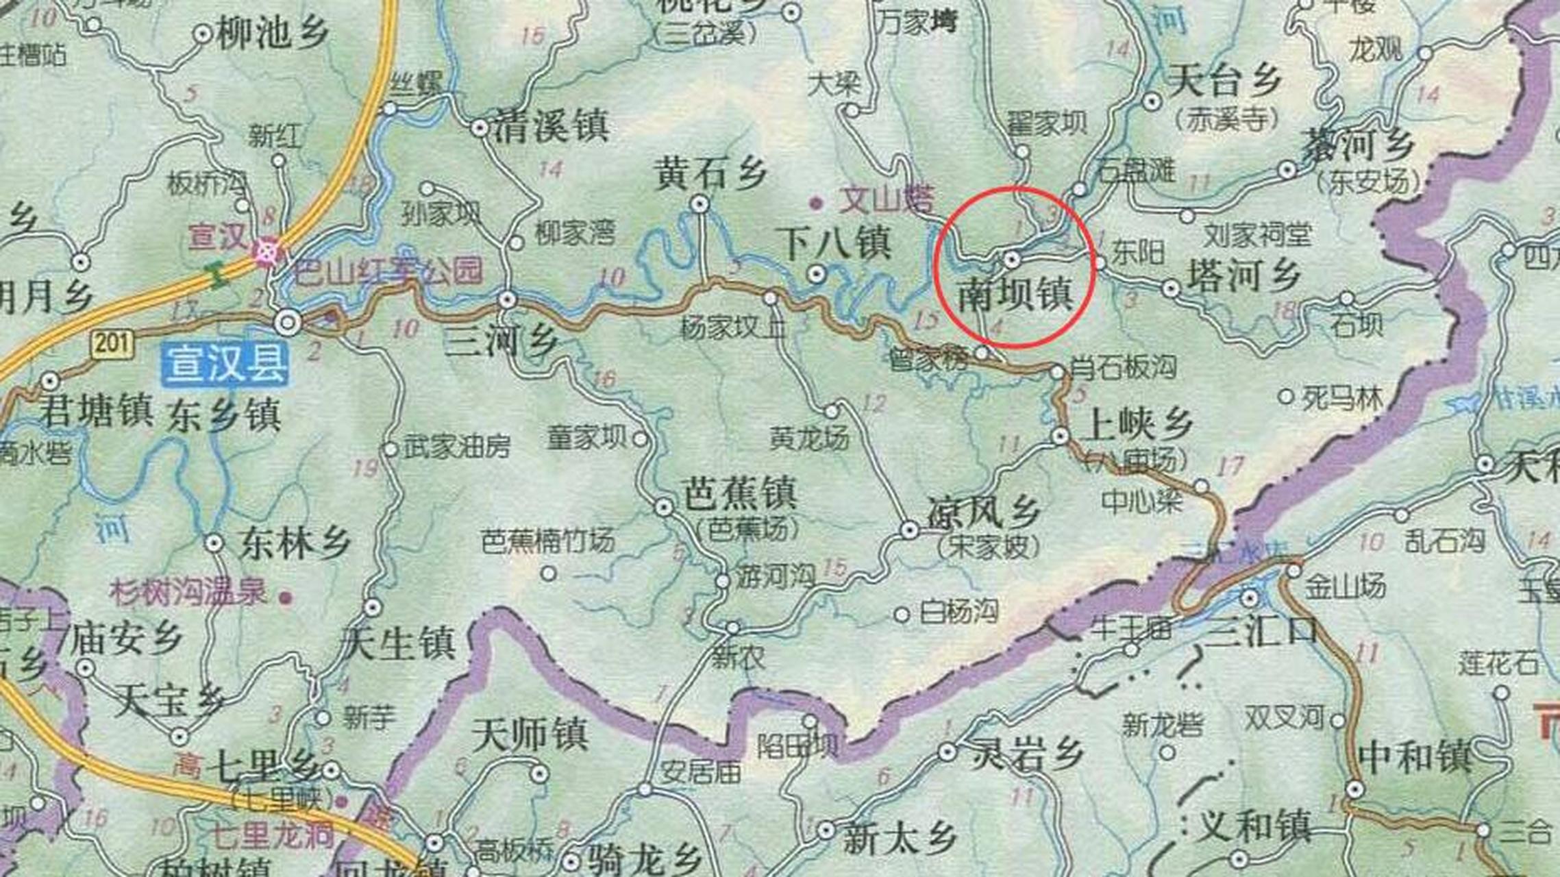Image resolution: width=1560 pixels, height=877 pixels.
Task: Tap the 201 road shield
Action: point(112,342)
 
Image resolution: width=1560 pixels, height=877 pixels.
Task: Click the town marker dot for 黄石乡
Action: point(699,203)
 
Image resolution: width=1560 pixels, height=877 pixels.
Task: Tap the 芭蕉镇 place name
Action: point(740,493)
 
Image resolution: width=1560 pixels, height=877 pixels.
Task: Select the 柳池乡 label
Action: point(273,33)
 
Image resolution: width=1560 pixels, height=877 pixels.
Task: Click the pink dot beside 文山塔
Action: point(816,203)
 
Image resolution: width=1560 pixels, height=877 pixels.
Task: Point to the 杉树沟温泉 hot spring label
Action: point(188,592)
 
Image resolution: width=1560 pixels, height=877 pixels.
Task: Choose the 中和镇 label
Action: point(1415,758)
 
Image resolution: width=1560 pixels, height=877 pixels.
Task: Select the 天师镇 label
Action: point(530,736)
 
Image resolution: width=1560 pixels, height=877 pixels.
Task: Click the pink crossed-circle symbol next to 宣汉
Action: point(267,251)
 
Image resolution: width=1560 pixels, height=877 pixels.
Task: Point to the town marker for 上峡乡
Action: point(1060,436)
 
